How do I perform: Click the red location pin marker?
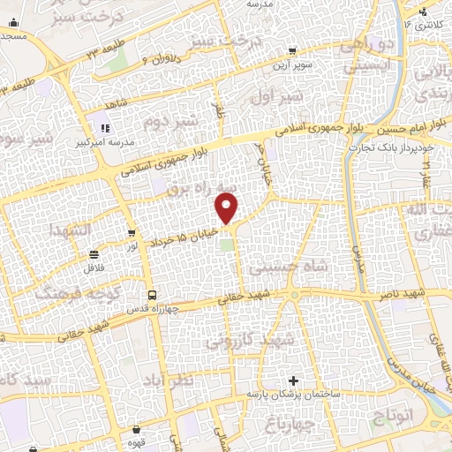228,208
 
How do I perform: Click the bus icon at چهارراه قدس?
152,296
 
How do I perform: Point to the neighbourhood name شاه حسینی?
289,264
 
